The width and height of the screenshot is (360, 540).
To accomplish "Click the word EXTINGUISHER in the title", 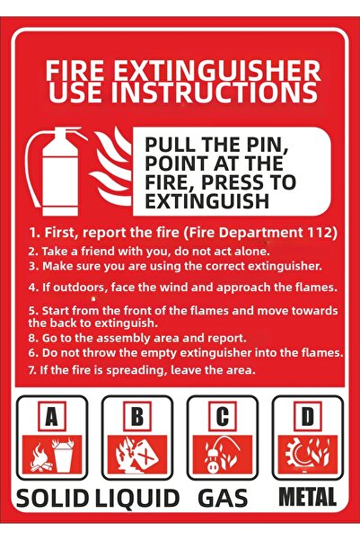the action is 217,70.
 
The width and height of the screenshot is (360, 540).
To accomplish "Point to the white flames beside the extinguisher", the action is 110,167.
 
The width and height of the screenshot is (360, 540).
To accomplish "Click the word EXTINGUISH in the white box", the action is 206,200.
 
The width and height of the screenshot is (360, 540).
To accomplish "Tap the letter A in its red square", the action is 52,416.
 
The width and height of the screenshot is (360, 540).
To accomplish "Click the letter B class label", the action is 137,416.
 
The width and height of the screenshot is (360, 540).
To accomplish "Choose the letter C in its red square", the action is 223,416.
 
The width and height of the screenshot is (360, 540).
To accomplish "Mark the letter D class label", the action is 308,416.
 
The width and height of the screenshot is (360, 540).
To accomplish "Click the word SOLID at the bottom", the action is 52,499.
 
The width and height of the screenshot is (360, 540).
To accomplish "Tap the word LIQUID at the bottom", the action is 137,499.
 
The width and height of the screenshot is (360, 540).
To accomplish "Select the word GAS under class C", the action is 223,499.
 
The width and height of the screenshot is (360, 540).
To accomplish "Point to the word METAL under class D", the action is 307,497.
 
